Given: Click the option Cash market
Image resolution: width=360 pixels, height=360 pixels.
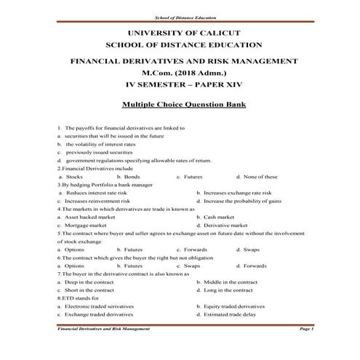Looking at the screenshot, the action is [219, 217].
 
